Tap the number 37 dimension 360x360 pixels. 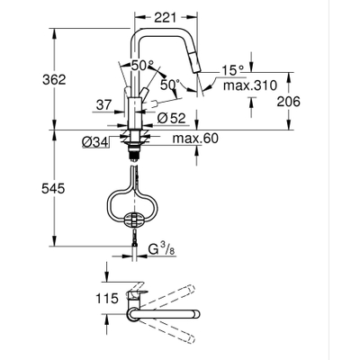point(104,105)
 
